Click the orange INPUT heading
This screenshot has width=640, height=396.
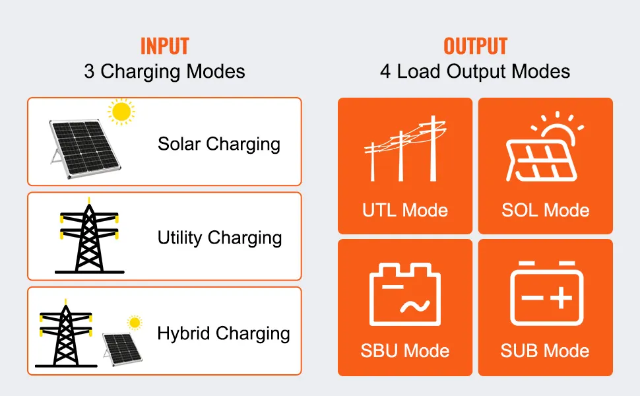pos(165,46)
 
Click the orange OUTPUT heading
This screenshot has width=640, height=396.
pos(476,46)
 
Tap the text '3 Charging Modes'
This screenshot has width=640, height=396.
pos(164,72)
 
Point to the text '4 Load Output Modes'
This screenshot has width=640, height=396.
pos(475,72)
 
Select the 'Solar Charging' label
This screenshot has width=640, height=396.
pos(219,145)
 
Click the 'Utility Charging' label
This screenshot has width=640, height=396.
pos(220,238)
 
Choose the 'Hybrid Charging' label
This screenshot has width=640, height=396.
pos(224,333)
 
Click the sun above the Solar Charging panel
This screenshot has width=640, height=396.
pos(121,112)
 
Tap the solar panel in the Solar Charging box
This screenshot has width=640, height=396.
pos(85,148)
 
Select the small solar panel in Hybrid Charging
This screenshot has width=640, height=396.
pos(122,349)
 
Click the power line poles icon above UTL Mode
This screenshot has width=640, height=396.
pos(405,148)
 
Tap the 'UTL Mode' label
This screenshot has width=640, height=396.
pos(405,211)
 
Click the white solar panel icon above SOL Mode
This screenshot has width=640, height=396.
pos(544,147)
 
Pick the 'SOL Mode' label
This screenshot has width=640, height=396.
pos(545,211)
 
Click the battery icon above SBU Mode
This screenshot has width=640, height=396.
pos(405,294)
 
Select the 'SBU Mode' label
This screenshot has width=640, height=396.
pos(405,351)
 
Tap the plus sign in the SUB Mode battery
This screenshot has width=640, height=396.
pos(561,298)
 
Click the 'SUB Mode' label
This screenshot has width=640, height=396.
pos(545,351)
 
